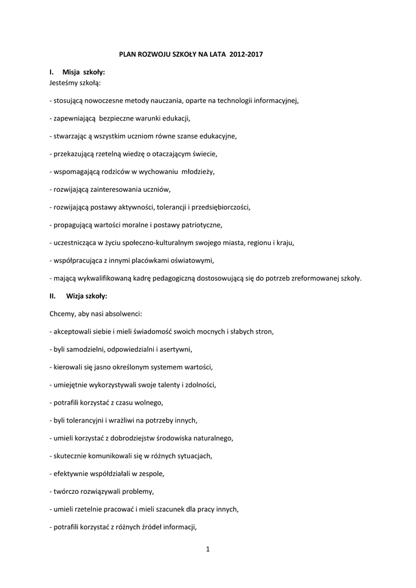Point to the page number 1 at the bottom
click(x=208, y=550)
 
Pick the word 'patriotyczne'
click(x=201, y=225)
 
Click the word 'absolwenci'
click(x=122, y=314)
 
